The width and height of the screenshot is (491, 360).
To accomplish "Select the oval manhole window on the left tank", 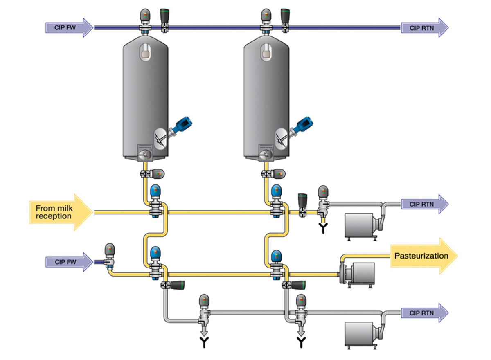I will click(x=145, y=52).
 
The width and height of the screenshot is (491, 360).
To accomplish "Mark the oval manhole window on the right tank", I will click(x=266, y=52).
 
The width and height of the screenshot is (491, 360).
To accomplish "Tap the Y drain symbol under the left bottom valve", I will click(x=203, y=342).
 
